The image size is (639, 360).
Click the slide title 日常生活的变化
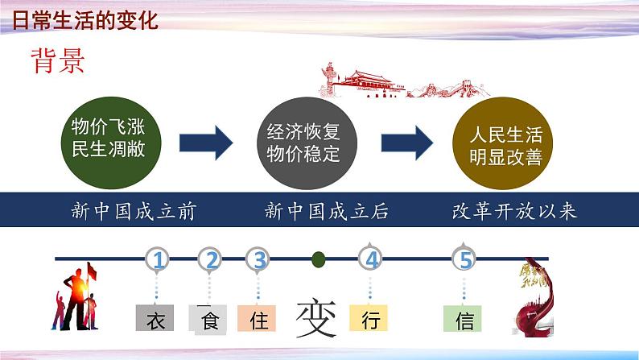[x=85, y=19]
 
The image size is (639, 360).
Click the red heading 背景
[x=58, y=60]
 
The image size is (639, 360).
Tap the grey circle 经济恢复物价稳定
[x=303, y=143]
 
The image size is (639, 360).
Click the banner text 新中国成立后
[x=327, y=212]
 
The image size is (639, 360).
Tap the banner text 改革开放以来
[x=515, y=212]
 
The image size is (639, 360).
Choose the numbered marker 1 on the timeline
[x=159, y=260]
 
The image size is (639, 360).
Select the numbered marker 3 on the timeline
[x=259, y=260]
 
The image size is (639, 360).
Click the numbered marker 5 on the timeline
[x=464, y=260]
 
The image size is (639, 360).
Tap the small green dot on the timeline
[x=319, y=259]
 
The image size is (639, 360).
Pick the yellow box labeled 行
[x=369, y=320]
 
